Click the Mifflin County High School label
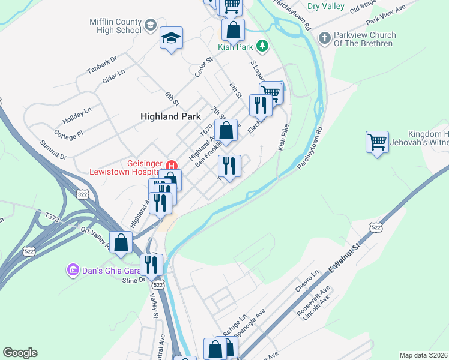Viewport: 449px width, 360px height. (115, 25)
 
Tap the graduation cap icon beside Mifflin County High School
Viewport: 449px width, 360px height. (149, 25)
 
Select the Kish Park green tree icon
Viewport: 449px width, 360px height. (262, 46)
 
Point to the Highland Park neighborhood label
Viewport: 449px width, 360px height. (170, 116)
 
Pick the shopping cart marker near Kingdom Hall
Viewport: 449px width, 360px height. (377, 143)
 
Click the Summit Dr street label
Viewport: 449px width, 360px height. (53, 151)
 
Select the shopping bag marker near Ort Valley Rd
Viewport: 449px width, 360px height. (121, 242)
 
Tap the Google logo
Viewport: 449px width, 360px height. (20, 353)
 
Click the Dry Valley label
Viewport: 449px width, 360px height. (325, 7)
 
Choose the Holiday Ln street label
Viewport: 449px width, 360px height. (77, 113)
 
